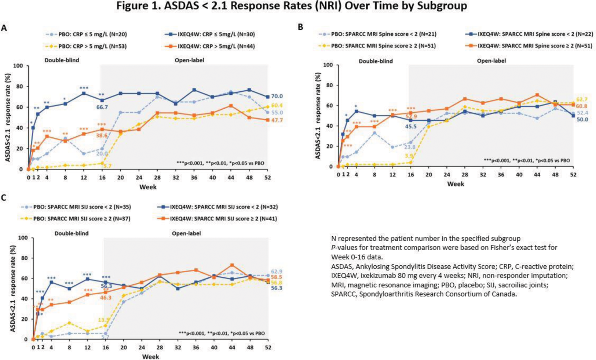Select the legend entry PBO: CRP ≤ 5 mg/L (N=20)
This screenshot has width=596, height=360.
[x=87, y=34]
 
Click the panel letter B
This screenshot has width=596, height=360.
[x=301, y=27]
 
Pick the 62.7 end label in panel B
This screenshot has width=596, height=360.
[x=582, y=99]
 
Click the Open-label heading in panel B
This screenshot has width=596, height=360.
[x=491, y=61]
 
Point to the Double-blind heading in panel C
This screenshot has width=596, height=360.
[x=72, y=233]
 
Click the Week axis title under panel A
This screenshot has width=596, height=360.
[x=148, y=187]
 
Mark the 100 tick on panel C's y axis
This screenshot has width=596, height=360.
[x=23, y=238]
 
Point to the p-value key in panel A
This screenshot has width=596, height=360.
[x=220, y=163]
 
